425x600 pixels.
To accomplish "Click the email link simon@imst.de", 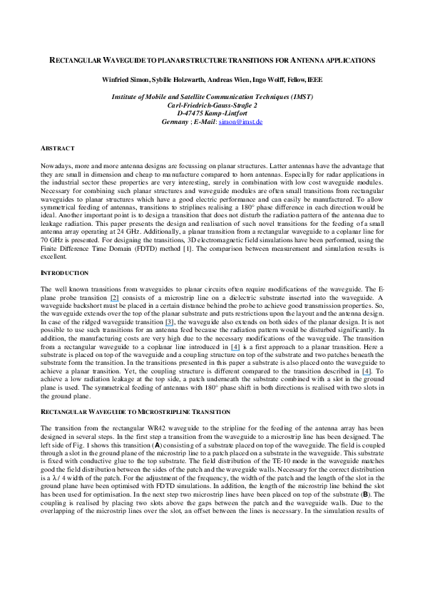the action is point(240,122).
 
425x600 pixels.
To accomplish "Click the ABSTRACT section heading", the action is point(58,148).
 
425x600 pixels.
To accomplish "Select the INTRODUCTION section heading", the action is point(64,273).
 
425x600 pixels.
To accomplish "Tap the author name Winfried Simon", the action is point(126,80).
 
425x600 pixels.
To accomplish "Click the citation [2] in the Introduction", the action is point(115,298).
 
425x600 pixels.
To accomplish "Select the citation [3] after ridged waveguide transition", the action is point(170,322).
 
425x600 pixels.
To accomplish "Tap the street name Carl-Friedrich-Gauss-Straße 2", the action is point(212,105).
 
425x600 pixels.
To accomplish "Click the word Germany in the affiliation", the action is point(175,122).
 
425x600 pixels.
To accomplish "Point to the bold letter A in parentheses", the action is point(158,445).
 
